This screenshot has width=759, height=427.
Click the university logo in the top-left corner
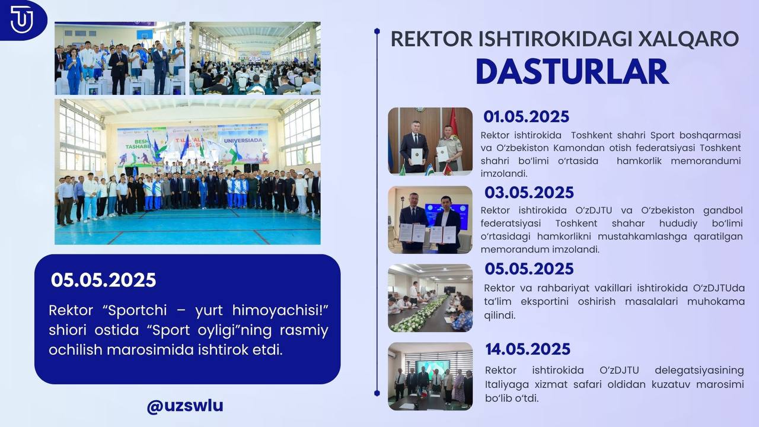click(x=21, y=20)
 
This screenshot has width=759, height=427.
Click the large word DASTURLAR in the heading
click(x=572, y=72)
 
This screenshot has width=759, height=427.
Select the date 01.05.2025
click(x=526, y=117)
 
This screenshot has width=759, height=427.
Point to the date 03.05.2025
click(x=529, y=193)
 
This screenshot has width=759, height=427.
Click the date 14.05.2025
click(x=528, y=349)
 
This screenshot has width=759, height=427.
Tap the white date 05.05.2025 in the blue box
click(x=103, y=281)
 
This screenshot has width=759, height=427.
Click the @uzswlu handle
click(x=185, y=406)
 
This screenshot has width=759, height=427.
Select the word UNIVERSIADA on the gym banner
click(x=243, y=141)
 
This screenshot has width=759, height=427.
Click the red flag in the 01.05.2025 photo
click(x=452, y=124)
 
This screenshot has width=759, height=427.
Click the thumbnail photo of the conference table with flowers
click(x=430, y=298)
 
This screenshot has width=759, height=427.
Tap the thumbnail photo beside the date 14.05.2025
click(x=430, y=376)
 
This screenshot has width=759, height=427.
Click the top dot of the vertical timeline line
click(x=377, y=31)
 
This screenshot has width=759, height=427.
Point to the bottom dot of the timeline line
click(x=377, y=393)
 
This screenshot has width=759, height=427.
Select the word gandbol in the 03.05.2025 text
click(x=723, y=211)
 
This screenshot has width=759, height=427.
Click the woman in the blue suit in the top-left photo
click(x=74, y=71)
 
